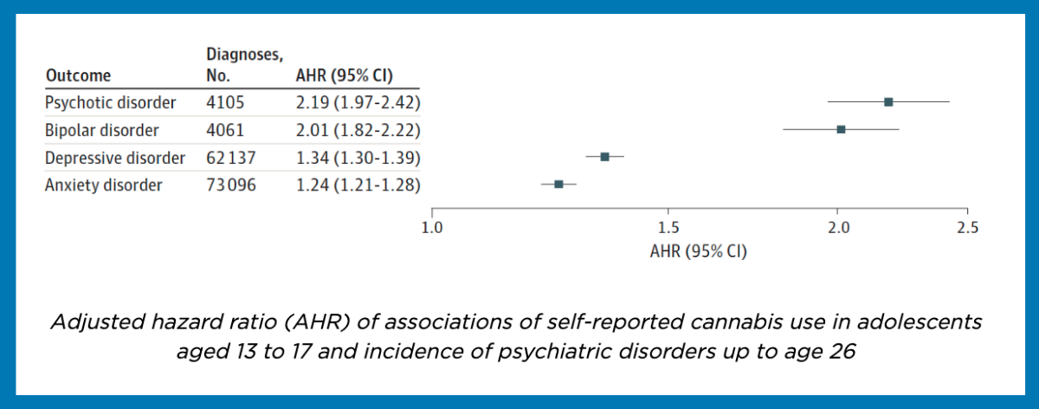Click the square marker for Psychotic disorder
click(x=888, y=101)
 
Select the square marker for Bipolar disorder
click(x=841, y=129)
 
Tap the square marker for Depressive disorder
click(x=604, y=157)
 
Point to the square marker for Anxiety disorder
click(x=558, y=184)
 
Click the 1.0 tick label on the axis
click(x=431, y=229)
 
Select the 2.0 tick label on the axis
click(x=838, y=229)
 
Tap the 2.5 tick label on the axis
click(x=967, y=229)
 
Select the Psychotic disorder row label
click(x=111, y=102)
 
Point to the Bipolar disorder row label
click(x=102, y=130)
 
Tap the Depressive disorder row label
click(x=115, y=158)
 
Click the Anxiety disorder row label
click(x=104, y=185)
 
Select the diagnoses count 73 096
click(x=231, y=185)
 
